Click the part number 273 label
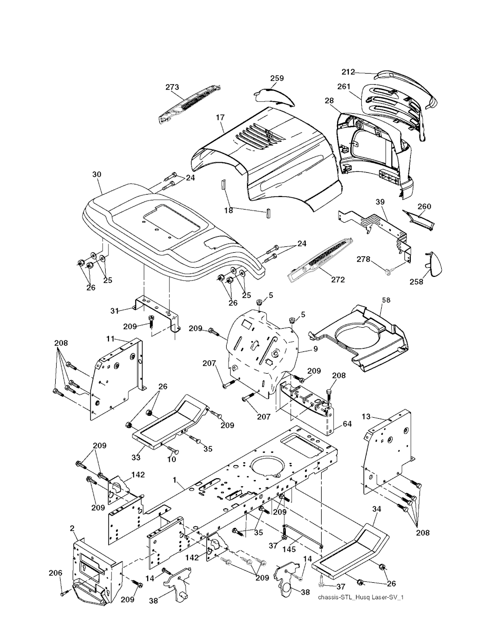click(x=172, y=88)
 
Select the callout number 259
click(x=277, y=78)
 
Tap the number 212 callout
click(x=348, y=72)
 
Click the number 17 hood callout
click(x=220, y=117)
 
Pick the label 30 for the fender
click(x=96, y=173)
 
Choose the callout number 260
click(x=424, y=207)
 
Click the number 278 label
click(x=364, y=260)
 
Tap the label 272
click(x=338, y=280)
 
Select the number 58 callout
click(x=386, y=300)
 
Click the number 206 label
click(x=56, y=573)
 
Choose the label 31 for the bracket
click(x=114, y=310)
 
